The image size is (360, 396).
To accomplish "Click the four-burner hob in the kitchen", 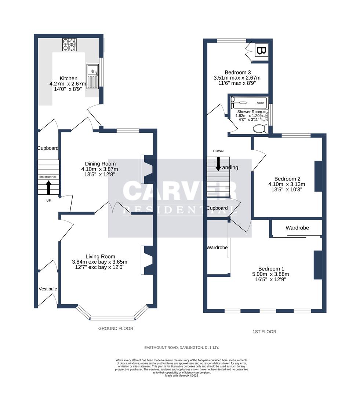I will click(x=69, y=44).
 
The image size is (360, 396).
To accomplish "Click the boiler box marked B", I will click(x=262, y=51).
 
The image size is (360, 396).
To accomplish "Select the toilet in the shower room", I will click(x=260, y=129).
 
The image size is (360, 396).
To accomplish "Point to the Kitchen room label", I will click(x=69, y=78).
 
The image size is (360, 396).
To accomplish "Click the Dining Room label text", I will click(x=100, y=164).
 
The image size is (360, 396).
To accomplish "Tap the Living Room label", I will click(x=100, y=257).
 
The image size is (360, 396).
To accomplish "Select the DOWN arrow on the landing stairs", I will click(x=218, y=164).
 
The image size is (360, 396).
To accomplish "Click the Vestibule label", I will click(x=48, y=289).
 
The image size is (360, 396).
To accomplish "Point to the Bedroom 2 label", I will click(x=287, y=179).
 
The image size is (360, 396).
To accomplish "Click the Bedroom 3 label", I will click(x=237, y=72).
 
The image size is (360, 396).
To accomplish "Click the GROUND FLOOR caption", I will click(x=116, y=329).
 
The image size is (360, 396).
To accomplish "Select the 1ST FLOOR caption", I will click(x=264, y=331).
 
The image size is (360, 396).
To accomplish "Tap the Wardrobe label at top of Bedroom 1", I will click(x=297, y=228).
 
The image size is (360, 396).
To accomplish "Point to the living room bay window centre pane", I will click(x=112, y=318).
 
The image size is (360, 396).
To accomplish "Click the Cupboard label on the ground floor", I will click(x=48, y=148).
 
